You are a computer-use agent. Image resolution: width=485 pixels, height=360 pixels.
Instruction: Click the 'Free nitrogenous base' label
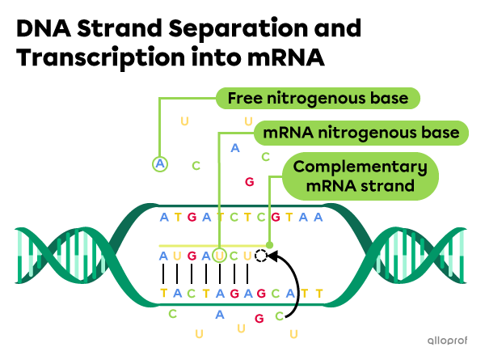coord(318,99)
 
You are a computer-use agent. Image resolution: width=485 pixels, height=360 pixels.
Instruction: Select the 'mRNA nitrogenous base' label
coord(361,132)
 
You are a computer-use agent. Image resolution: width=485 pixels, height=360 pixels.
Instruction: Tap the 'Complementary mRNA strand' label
coord(360,176)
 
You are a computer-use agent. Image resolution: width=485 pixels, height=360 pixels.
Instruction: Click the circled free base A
coord(160,164)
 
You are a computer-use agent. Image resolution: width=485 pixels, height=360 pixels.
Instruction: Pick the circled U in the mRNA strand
coord(219,256)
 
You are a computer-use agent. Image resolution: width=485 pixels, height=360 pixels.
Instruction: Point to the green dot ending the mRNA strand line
coord(270,244)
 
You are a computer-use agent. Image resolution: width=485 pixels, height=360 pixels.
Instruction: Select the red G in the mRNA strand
coord(191,256)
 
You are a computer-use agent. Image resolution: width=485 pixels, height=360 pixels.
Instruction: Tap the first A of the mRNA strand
coord(163,256)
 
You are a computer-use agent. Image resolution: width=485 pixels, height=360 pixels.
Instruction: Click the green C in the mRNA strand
coord(234,256)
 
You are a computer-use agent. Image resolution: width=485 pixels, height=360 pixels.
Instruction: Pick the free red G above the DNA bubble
coord(249,182)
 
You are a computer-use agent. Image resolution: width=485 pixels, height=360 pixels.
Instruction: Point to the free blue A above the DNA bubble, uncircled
coord(235,148)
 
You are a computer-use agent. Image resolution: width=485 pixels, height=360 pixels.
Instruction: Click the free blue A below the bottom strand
coord(219,314)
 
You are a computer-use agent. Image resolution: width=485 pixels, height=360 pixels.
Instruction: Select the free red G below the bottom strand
coord(259,319)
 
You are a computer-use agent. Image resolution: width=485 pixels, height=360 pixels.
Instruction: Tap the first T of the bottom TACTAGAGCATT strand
coord(163,293)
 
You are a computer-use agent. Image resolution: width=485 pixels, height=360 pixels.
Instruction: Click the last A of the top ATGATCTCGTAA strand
coord(319,217)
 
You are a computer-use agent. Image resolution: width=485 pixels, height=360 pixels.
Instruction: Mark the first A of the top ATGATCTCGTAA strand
coord(163,217)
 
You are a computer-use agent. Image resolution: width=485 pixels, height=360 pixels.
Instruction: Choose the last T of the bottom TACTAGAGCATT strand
coord(319,293)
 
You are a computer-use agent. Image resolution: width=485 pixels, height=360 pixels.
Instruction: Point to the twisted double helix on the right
coord(420,254)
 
